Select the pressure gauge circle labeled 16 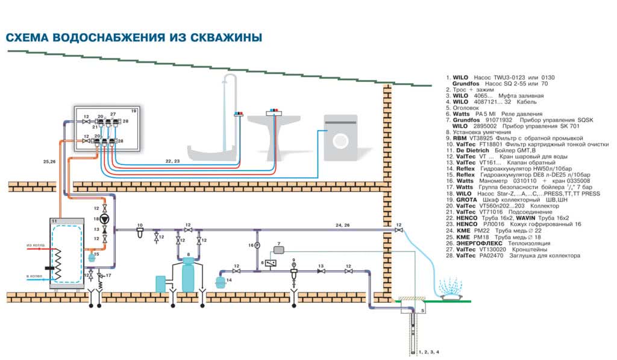coord(257,245)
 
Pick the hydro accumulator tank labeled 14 coord(221,281)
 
